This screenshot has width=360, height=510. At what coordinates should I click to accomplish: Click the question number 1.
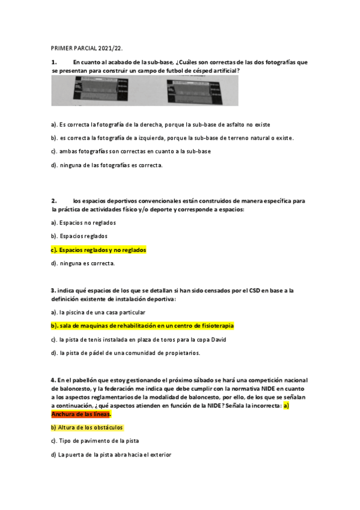click(x=54, y=62)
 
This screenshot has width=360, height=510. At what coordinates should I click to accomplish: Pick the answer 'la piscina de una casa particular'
click(x=98, y=312)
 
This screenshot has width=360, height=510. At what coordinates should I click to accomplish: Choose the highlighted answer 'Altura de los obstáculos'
click(x=88, y=428)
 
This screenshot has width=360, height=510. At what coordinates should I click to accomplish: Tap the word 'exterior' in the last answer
click(x=159, y=455)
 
